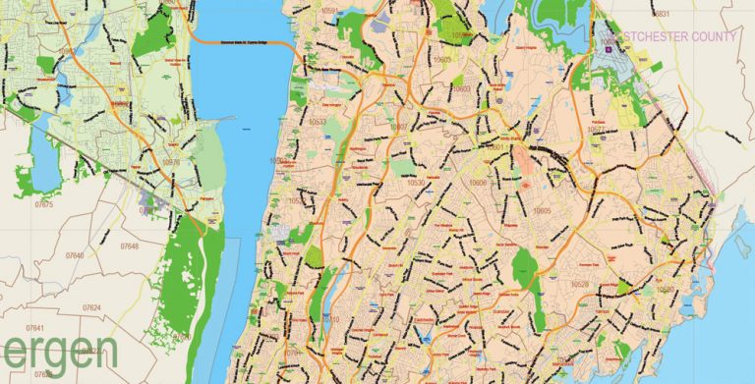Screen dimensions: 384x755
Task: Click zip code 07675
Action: coord(45,203)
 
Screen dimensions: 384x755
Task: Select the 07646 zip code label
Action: coord(73,255)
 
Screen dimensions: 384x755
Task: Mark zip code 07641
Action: coord(35,327)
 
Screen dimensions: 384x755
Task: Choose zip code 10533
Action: coord(317,122)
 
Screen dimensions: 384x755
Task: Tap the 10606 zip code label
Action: coord(478,183)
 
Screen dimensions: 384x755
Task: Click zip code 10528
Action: coord(580,284)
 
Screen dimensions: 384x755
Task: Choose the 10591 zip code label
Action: coord(356,12)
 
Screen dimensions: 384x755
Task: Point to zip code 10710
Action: coord(330,320)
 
